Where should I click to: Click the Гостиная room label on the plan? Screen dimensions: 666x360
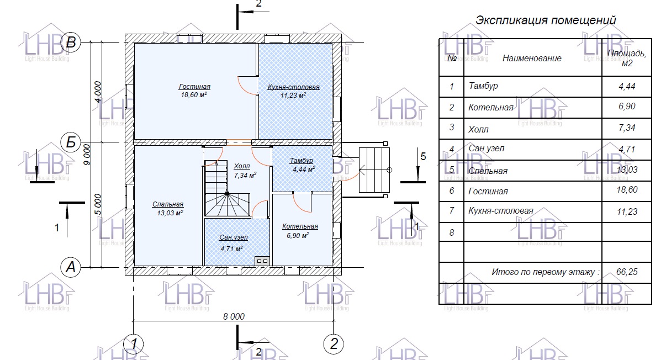194,87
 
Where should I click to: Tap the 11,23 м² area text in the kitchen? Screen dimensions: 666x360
293,96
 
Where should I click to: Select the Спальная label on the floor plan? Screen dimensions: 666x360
168,204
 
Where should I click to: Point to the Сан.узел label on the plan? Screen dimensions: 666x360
234,237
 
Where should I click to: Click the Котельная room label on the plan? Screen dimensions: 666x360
300,226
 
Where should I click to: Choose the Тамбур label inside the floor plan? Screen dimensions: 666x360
302,161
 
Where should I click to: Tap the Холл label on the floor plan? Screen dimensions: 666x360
242,166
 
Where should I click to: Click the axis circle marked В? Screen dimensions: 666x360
71,42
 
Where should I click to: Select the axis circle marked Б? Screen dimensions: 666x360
71,142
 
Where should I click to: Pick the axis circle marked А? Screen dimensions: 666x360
71,267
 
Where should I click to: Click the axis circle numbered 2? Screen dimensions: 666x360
334,344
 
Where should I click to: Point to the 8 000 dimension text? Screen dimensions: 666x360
234,316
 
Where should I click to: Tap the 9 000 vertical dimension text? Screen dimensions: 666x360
87,155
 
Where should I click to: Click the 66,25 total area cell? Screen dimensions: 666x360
627,272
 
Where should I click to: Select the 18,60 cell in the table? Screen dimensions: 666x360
627,189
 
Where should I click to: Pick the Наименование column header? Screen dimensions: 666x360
532,59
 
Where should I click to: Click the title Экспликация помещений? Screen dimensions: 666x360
546,20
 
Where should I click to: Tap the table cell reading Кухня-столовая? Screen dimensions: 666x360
501,211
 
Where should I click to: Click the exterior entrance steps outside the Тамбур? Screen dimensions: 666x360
374,170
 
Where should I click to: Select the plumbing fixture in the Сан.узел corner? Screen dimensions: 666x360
262,261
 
